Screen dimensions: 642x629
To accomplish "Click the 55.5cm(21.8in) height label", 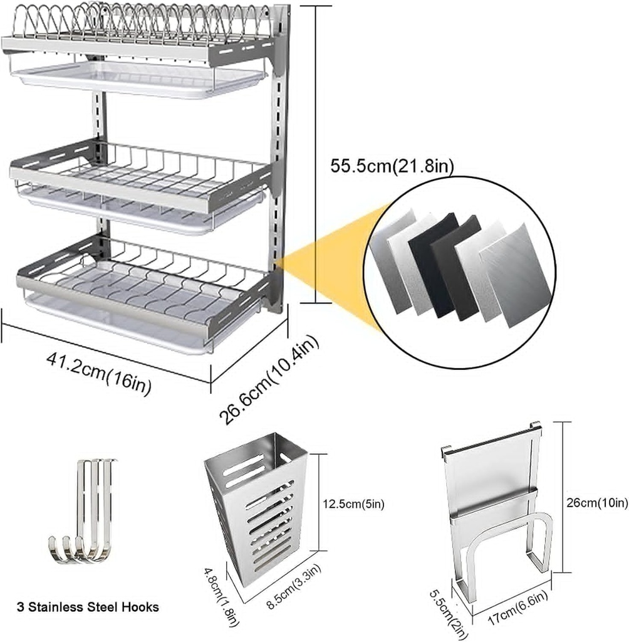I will coord(392,166).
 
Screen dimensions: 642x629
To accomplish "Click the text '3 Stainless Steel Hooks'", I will coord(87,606).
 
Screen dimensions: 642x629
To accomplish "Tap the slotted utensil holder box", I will coord(257,502).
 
